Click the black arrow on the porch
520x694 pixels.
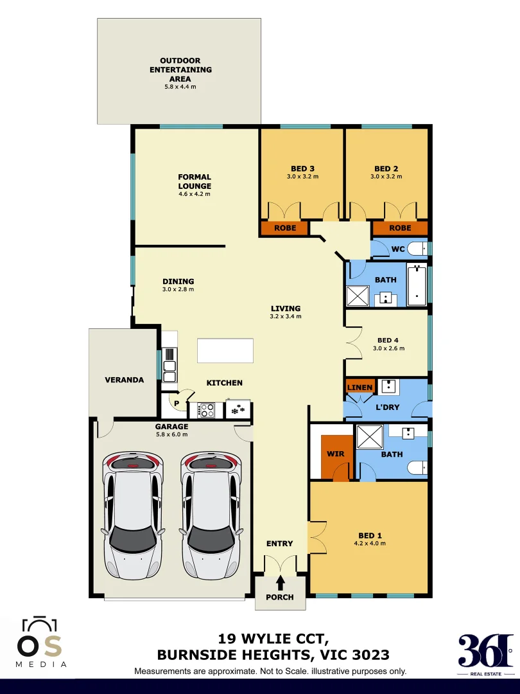pos(280,583)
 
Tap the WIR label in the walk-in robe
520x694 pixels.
pos(336,454)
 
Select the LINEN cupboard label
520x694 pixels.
pos(360,387)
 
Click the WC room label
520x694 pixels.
pos(398,249)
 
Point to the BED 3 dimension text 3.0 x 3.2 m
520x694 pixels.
pos(302,176)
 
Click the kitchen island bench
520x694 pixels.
pos(225,351)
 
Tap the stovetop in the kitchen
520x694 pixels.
pos(207,409)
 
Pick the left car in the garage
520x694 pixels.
pos(133,514)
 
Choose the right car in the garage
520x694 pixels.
pos(211,514)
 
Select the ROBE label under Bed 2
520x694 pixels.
pos(400,228)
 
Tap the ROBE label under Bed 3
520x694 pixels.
pos(285,228)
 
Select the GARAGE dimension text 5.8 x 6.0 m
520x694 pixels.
pos(171,434)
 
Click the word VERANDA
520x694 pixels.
pos(124,380)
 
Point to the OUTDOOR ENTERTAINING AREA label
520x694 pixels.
pos(180,69)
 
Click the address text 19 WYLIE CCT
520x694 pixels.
pos(273,639)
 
